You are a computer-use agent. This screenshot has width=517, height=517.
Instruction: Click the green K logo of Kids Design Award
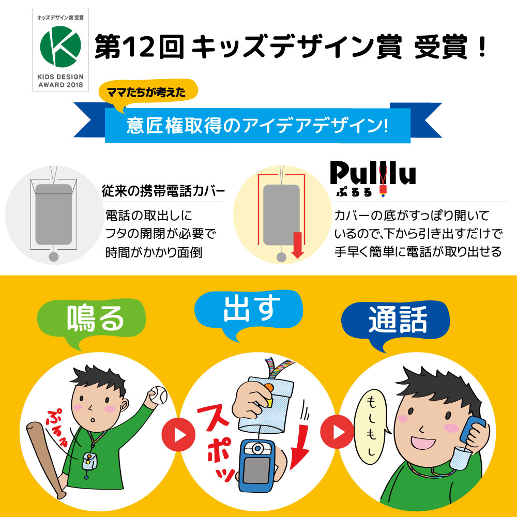point(60,45)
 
